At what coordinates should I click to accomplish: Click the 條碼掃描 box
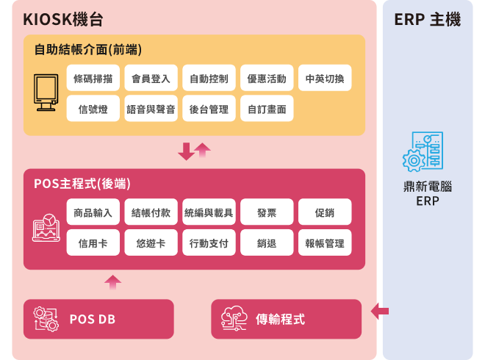click(93, 79)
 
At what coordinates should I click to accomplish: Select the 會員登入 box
click(151, 79)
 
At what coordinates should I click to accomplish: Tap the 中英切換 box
click(325, 79)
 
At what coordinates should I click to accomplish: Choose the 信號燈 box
click(93, 109)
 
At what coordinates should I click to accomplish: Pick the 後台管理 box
click(209, 109)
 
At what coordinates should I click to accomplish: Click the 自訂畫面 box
click(267, 109)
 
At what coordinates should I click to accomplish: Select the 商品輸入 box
click(93, 212)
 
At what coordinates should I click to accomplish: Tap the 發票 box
click(267, 212)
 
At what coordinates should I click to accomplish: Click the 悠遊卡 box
click(151, 243)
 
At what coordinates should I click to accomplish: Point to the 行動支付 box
click(209, 243)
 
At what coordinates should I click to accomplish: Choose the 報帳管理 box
click(325, 243)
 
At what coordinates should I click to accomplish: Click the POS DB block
click(98, 319)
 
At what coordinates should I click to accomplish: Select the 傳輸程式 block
click(286, 319)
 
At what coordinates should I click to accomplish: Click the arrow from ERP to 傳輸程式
click(380, 312)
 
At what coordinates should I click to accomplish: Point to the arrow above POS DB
click(113, 281)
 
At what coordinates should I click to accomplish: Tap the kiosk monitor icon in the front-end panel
click(46, 93)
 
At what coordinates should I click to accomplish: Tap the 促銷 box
click(325, 212)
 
